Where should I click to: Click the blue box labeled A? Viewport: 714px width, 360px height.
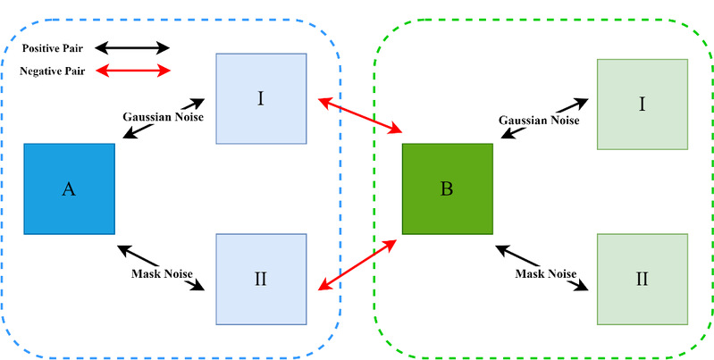[x=69, y=188]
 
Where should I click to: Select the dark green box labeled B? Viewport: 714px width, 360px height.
[x=447, y=188]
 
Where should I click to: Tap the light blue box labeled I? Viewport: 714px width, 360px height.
[x=261, y=98]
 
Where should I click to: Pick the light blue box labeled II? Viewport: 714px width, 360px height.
[x=261, y=279]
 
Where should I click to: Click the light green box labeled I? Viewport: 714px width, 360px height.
[x=642, y=104]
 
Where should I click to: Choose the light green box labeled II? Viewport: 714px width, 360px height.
[x=642, y=279]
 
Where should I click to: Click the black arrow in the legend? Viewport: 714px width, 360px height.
[x=132, y=47]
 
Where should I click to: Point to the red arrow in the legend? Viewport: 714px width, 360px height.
[x=132, y=71]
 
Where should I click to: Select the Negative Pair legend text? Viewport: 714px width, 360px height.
[x=53, y=71]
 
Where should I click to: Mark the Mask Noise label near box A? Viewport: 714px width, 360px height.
[x=161, y=273]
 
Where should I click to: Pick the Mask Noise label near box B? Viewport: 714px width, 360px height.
[x=545, y=272]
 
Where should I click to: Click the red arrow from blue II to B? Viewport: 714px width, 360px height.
[x=359, y=264]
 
